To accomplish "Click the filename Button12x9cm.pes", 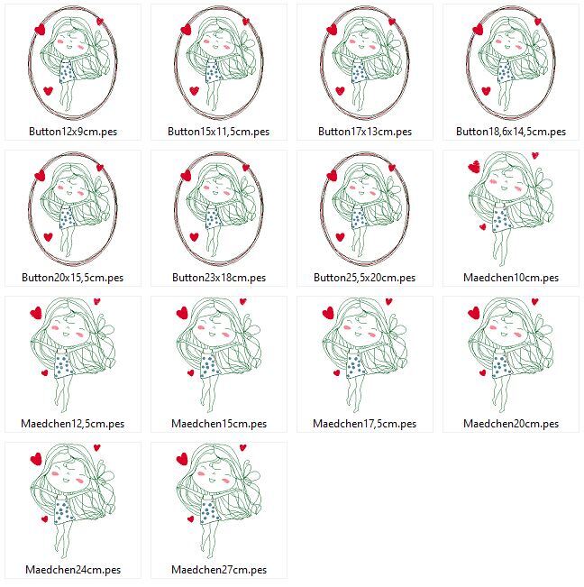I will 73,132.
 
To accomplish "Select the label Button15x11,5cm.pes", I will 219,132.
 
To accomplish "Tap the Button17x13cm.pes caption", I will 365,132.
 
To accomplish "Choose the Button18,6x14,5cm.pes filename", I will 511,132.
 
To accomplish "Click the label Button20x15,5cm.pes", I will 73,278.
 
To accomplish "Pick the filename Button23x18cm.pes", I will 219,278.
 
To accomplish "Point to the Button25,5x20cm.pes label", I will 365,278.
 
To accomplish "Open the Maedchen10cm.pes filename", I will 511,278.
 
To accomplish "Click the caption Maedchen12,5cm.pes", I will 73,424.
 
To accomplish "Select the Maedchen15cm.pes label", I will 219,424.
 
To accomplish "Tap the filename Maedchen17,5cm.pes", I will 365,424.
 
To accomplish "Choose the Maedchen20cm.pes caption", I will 511,424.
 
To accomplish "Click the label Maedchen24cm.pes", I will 73,570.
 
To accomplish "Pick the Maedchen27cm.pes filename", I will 219,570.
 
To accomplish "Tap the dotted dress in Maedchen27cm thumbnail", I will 209,511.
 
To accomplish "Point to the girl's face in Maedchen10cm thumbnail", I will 505,188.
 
